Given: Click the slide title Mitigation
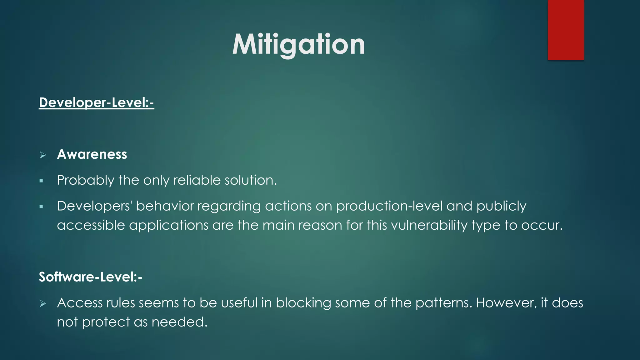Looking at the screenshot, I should (298, 44).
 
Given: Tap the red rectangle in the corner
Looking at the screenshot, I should (566, 30).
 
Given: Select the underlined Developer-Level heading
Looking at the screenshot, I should (96, 102).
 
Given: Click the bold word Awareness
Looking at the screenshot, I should (92, 154).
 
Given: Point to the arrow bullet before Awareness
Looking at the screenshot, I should (43, 155).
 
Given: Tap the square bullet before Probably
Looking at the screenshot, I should (41, 181).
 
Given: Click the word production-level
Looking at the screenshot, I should (389, 206).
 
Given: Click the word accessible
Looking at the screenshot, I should (91, 225).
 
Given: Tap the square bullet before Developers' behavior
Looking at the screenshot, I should (41, 207).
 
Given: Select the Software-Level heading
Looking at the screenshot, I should (90, 277).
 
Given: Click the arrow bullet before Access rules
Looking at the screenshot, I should (43, 303).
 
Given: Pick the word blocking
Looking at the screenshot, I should (303, 303).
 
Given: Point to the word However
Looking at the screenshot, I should (506, 303).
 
